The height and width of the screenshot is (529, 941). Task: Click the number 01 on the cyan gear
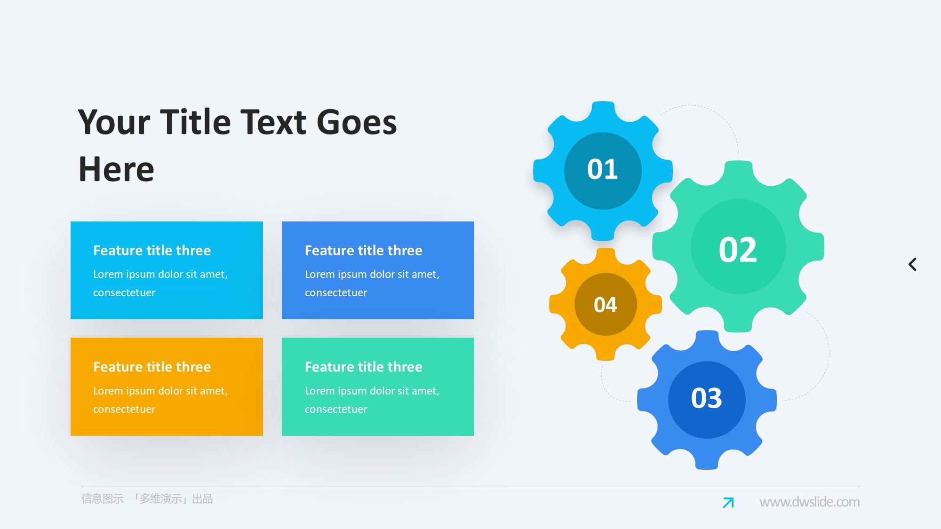603,169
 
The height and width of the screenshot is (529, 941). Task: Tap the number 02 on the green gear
738,250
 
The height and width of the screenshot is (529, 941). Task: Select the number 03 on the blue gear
707,398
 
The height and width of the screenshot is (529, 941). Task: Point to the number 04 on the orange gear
606,305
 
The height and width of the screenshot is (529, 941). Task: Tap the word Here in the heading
116,169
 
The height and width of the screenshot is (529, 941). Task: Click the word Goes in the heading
357,122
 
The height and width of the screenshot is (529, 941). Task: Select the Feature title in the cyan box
152,250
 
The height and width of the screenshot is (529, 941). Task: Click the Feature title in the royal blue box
364,250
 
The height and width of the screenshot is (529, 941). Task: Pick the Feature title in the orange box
152,367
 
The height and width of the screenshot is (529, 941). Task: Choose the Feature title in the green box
364,367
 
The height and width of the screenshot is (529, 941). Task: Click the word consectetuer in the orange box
124,409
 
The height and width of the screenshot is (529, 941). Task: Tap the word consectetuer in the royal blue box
336,292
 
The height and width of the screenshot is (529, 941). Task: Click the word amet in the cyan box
214,275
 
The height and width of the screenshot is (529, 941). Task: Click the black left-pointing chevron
912,264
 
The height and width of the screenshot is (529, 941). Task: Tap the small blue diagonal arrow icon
728,503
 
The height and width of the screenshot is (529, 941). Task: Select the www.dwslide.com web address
809,502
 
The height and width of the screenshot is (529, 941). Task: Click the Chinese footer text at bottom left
147,499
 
